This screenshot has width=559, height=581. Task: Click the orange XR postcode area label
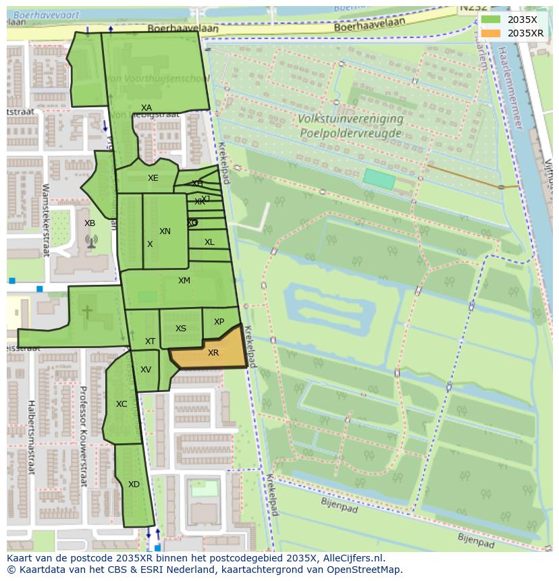(x=213, y=353)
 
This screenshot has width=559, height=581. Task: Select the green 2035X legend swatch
(x=491, y=20)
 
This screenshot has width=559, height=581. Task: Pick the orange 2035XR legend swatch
(x=491, y=33)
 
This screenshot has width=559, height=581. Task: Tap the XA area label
(x=147, y=108)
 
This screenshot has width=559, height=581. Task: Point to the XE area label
(x=153, y=178)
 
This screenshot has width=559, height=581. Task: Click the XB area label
(x=90, y=223)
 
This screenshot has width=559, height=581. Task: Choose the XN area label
(x=165, y=231)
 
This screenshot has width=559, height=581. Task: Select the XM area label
(x=184, y=281)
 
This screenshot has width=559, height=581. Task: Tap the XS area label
(x=181, y=329)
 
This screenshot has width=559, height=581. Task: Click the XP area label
(x=219, y=322)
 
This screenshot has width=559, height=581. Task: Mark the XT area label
(x=150, y=341)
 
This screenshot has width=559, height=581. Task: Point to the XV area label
(x=146, y=370)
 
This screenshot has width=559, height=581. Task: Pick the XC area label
(x=122, y=404)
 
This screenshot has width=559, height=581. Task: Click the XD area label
(x=134, y=485)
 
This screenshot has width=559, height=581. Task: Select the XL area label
(x=209, y=242)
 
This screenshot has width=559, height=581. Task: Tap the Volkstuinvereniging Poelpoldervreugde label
(x=350, y=126)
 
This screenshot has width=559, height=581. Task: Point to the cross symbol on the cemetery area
(x=87, y=312)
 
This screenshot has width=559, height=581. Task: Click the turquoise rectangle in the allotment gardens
(x=379, y=179)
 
